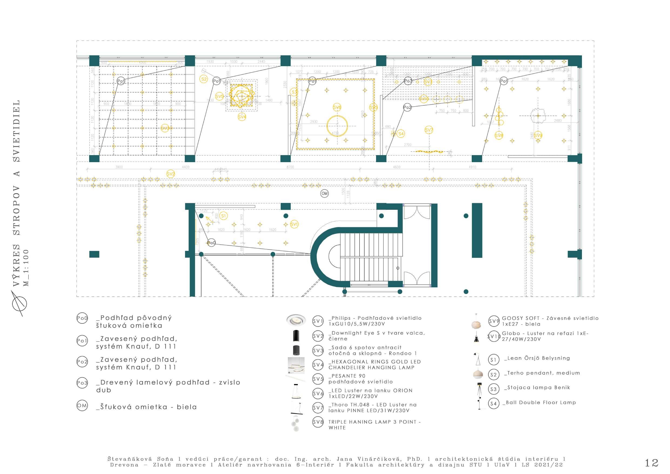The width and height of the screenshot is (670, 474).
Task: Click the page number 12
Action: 651,463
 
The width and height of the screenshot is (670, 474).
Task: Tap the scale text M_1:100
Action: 26,267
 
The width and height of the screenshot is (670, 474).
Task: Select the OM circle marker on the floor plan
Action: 324,193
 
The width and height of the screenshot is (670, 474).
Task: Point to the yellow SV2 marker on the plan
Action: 171,174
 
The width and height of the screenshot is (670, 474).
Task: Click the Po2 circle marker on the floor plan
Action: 407,107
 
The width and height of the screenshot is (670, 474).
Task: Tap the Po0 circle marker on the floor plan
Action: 211,243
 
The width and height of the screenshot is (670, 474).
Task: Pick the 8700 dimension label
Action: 290,167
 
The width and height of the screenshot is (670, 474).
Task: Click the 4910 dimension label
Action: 473,167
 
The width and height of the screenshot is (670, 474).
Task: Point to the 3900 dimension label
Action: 119,167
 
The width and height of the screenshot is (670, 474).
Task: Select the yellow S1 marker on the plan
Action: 223,216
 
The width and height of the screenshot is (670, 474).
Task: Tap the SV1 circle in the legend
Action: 318,322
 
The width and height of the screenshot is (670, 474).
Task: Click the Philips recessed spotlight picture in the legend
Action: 296,320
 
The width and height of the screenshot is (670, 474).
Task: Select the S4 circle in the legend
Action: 494,404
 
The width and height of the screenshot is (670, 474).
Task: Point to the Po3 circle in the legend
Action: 82,383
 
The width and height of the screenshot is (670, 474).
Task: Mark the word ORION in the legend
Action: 403,391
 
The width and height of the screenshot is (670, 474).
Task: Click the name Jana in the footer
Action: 343,459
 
